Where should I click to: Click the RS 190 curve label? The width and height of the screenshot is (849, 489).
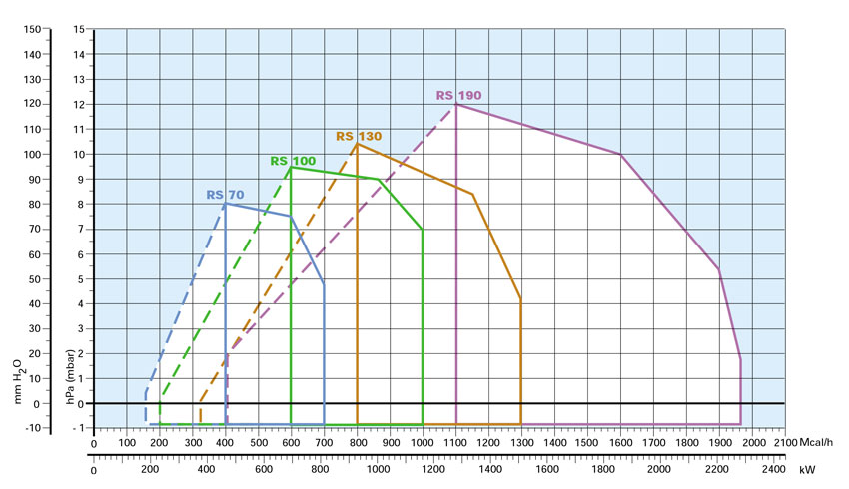coord(458,95)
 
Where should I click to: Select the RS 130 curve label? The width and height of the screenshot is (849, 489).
coord(358,136)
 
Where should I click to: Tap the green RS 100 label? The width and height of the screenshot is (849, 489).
coord(293,160)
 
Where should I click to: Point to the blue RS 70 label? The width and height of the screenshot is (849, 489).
coord(225,195)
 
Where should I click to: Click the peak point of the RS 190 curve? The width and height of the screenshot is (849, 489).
coord(456,104)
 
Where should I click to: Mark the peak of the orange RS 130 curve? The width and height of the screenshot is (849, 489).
coord(358,144)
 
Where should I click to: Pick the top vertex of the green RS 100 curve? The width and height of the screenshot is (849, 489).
coord(291,167)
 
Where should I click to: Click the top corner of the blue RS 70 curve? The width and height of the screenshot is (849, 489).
coord(225,204)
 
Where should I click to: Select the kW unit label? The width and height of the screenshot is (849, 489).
coord(806,469)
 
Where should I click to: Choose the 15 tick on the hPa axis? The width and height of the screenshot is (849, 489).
coord(77,29)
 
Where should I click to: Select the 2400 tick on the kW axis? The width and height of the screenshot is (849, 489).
coord(773,469)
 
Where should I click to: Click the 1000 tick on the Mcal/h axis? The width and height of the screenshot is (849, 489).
coord(422,442)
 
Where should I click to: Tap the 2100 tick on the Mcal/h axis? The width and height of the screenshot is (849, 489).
coord(784,442)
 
